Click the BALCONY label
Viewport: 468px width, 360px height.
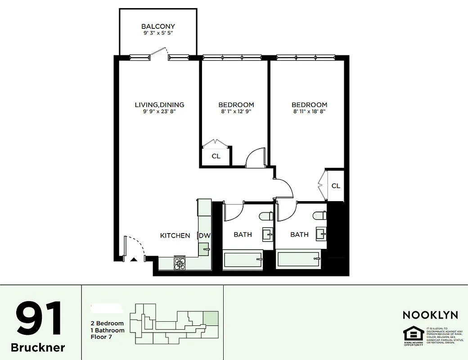pos(158,27)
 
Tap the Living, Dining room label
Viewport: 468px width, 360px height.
pos(159,105)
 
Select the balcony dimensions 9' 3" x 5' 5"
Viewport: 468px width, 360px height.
pos(158,33)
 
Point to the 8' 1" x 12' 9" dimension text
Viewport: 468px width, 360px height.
pos(236,112)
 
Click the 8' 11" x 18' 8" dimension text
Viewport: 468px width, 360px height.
pos(309,112)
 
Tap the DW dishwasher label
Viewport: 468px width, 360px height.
pos(205,235)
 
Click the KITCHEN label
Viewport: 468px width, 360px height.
pos(175,235)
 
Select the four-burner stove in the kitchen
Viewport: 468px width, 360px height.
pos(180,263)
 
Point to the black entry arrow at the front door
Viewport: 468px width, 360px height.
pos(133,259)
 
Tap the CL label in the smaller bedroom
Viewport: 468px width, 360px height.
pos(216,156)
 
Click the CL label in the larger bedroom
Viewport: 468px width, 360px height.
pos(336,186)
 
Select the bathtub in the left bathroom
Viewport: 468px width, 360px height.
pos(243,260)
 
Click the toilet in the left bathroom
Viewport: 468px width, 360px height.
pos(266,216)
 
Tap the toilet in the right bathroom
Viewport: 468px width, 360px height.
pos(320,216)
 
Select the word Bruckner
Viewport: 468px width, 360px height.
pos(38,348)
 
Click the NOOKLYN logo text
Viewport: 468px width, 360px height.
pos(430,315)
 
